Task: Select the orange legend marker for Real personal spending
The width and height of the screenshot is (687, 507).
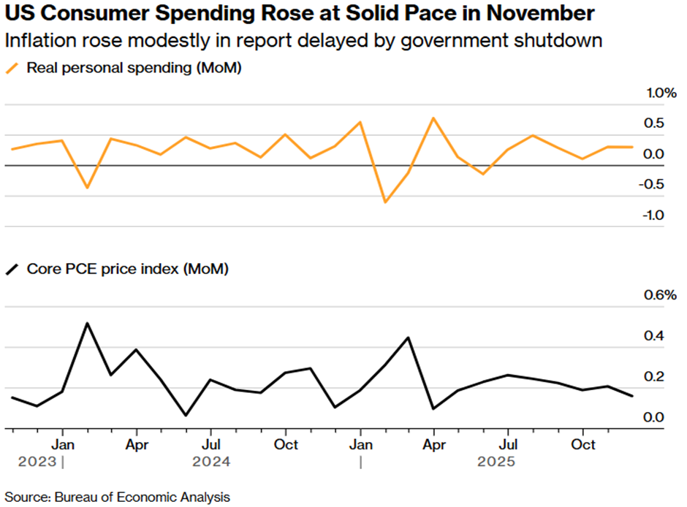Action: tap(12, 69)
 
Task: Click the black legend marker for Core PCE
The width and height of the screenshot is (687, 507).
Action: tap(12, 270)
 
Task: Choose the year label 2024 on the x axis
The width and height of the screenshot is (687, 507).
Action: tap(211, 462)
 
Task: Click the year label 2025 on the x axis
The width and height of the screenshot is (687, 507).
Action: tap(496, 462)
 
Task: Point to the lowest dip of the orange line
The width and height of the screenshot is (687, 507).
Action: tap(384, 202)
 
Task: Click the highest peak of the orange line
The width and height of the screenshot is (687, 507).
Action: tap(433, 118)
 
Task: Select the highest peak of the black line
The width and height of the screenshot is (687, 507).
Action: tap(87, 323)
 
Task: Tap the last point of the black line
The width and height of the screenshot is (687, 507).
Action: tap(632, 396)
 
